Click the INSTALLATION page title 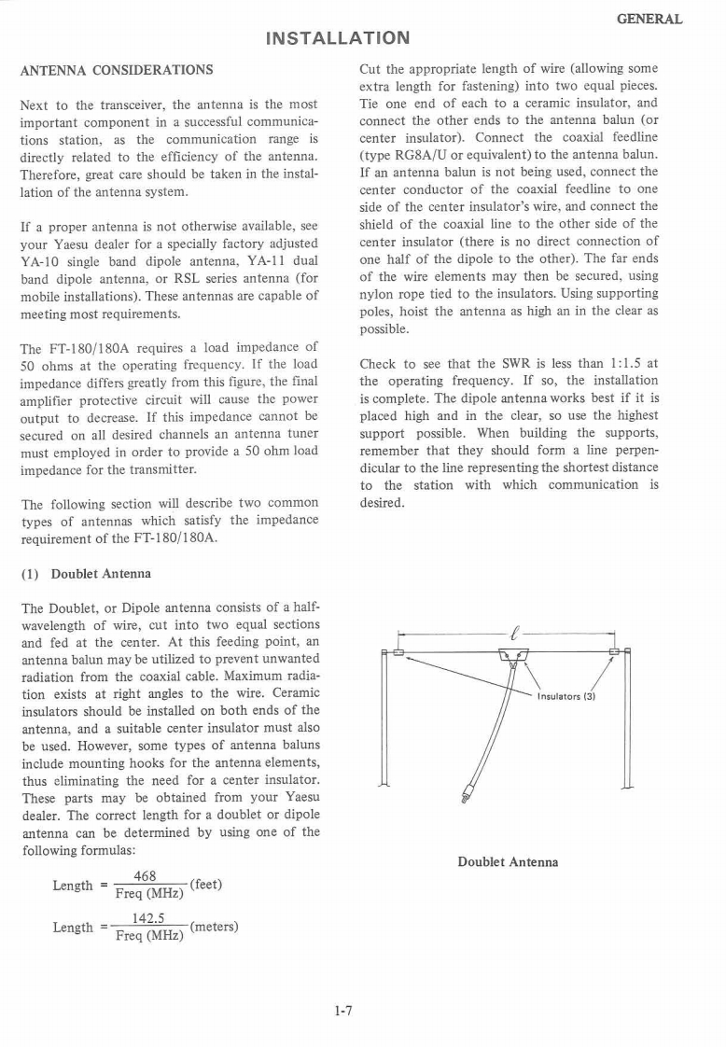tap(337, 39)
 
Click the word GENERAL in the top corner tap(650, 19)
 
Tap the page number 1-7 tap(346, 1010)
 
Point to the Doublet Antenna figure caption tap(508, 861)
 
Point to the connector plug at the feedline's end tap(468, 795)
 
